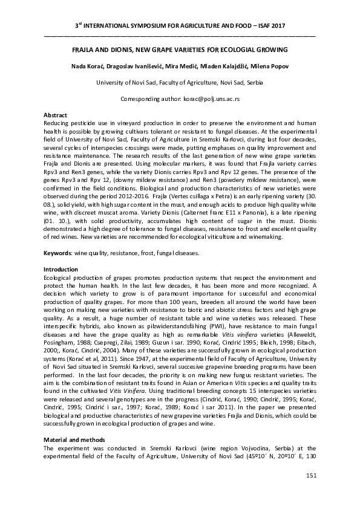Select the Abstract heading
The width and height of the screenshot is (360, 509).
pyautogui.click(x=56, y=115)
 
